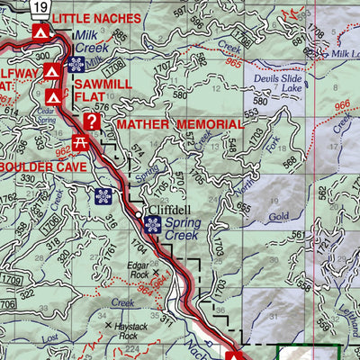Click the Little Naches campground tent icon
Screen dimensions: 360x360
pos(40,33)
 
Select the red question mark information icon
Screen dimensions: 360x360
pos(91,121)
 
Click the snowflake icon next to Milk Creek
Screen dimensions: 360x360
pos(77,65)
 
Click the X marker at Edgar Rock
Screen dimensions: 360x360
pos(156,271)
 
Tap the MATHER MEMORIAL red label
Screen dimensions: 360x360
pos(179,124)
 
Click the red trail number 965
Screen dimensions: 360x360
pos(234,63)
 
